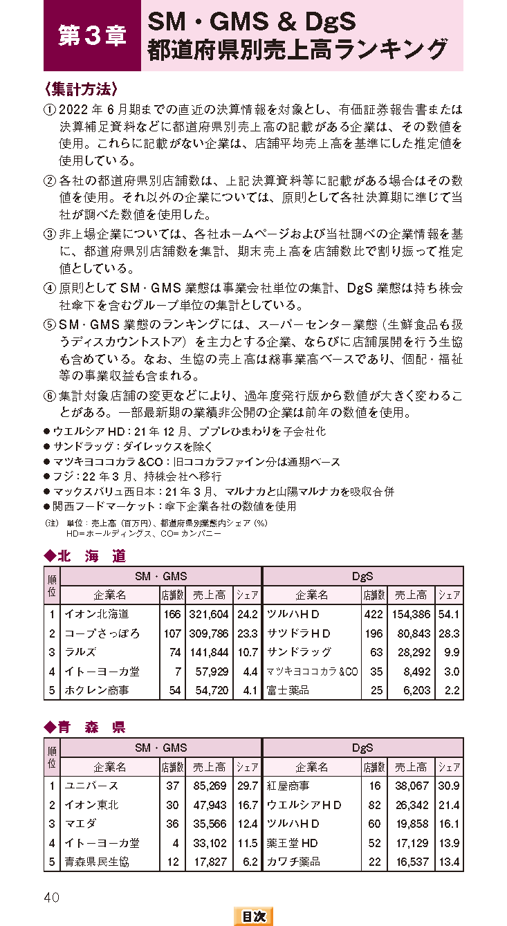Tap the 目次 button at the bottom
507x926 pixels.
coord(253,916)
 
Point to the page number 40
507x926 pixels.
coord(52,897)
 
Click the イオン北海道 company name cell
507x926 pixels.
coord(97,614)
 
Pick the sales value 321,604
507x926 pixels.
coord(208,614)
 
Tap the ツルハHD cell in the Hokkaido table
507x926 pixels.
coord(293,614)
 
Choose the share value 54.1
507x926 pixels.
coord(450,614)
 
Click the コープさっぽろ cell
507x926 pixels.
coord(102,633)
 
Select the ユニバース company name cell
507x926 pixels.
coord(91,786)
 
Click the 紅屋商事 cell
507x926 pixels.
coord(288,786)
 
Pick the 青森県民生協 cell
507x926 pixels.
coord(97,862)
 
